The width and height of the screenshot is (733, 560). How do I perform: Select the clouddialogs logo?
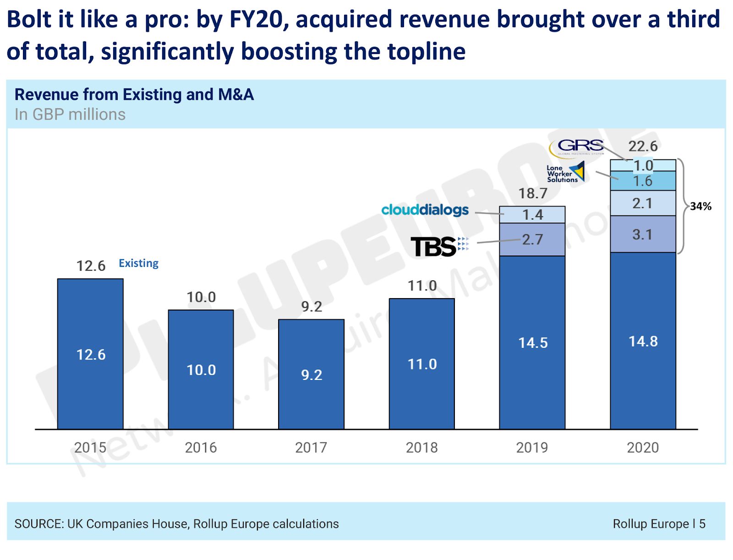(x=425, y=210)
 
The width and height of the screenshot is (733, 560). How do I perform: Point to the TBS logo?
(x=439, y=246)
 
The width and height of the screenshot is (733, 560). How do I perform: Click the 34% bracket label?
(x=700, y=207)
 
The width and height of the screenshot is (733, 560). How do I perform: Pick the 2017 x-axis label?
(x=311, y=447)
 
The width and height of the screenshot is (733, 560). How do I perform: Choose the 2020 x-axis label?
(x=642, y=447)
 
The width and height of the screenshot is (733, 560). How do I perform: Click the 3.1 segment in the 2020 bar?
(x=642, y=234)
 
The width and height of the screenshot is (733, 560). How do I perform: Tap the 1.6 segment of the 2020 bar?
(x=642, y=181)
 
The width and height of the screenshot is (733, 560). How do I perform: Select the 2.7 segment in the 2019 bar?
(x=532, y=239)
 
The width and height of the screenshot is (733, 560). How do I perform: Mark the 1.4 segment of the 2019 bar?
(x=532, y=215)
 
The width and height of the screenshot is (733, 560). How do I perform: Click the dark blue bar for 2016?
(x=201, y=369)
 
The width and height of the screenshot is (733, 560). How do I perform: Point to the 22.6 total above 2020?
(x=643, y=147)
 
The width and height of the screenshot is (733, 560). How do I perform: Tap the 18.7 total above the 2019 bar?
(x=532, y=194)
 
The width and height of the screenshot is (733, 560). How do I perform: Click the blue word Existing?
(x=138, y=263)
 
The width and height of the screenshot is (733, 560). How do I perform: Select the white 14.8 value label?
(x=643, y=341)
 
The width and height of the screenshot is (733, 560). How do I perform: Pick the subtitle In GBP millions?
(x=70, y=114)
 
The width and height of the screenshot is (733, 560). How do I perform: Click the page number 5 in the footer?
(x=702, y=524)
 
